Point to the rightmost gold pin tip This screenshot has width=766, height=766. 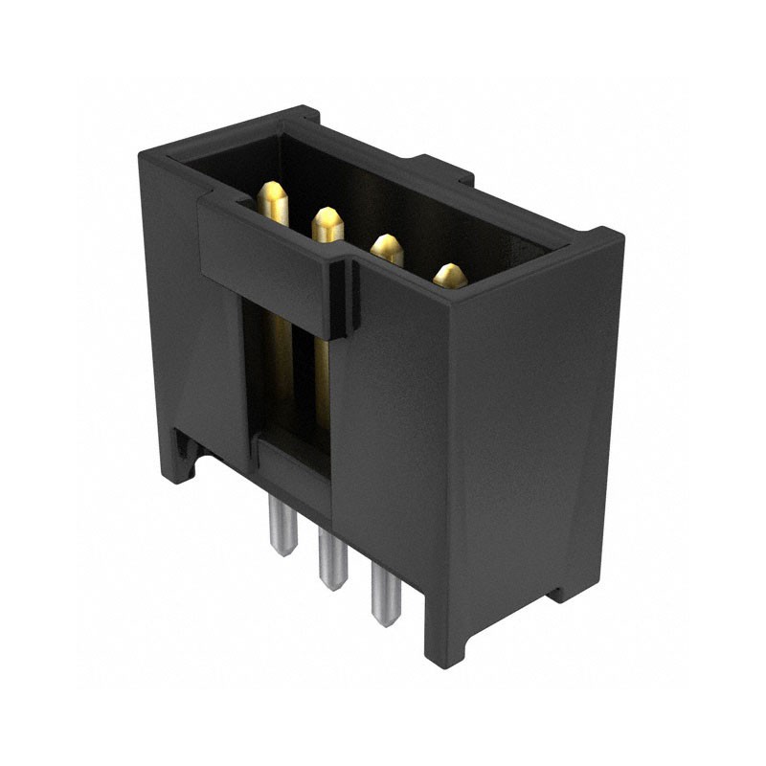[x=449, y=276]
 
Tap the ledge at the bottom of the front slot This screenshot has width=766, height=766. [x=287, y=450]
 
